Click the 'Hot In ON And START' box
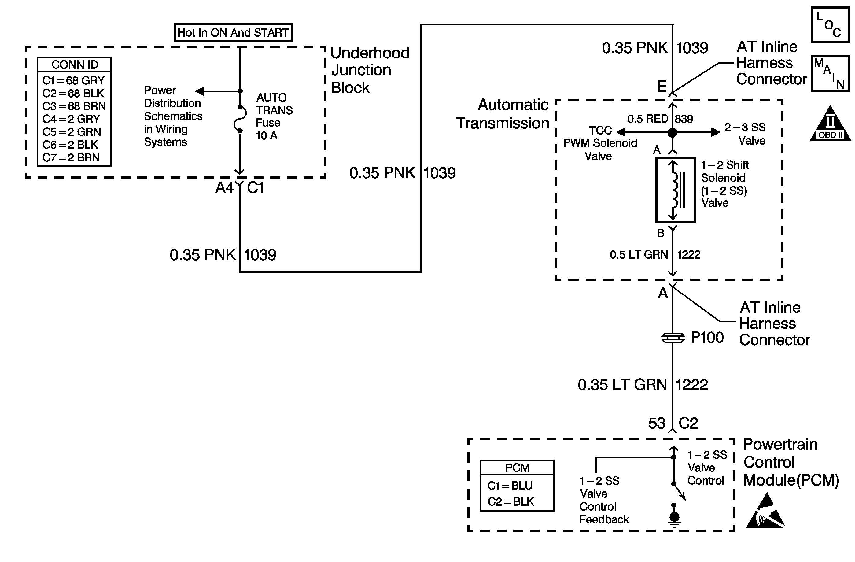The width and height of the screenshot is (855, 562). (x=233, y=33)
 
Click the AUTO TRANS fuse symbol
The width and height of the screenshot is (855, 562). (x=240, y=119)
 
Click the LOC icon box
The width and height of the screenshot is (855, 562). (x=830, y=25)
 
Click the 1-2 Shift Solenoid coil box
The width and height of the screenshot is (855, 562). (x=675, y=190)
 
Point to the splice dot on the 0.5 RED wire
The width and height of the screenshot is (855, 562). (x=672, y=133)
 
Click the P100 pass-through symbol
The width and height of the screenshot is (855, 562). (x=673, y=338)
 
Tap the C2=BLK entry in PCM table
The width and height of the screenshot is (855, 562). (x=510, y=502)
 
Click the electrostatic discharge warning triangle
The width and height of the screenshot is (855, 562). (x=765, y=512)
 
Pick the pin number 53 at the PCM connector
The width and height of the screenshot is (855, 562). (x=657, y=423)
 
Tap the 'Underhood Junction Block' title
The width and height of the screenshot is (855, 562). (x=369, y=70)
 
